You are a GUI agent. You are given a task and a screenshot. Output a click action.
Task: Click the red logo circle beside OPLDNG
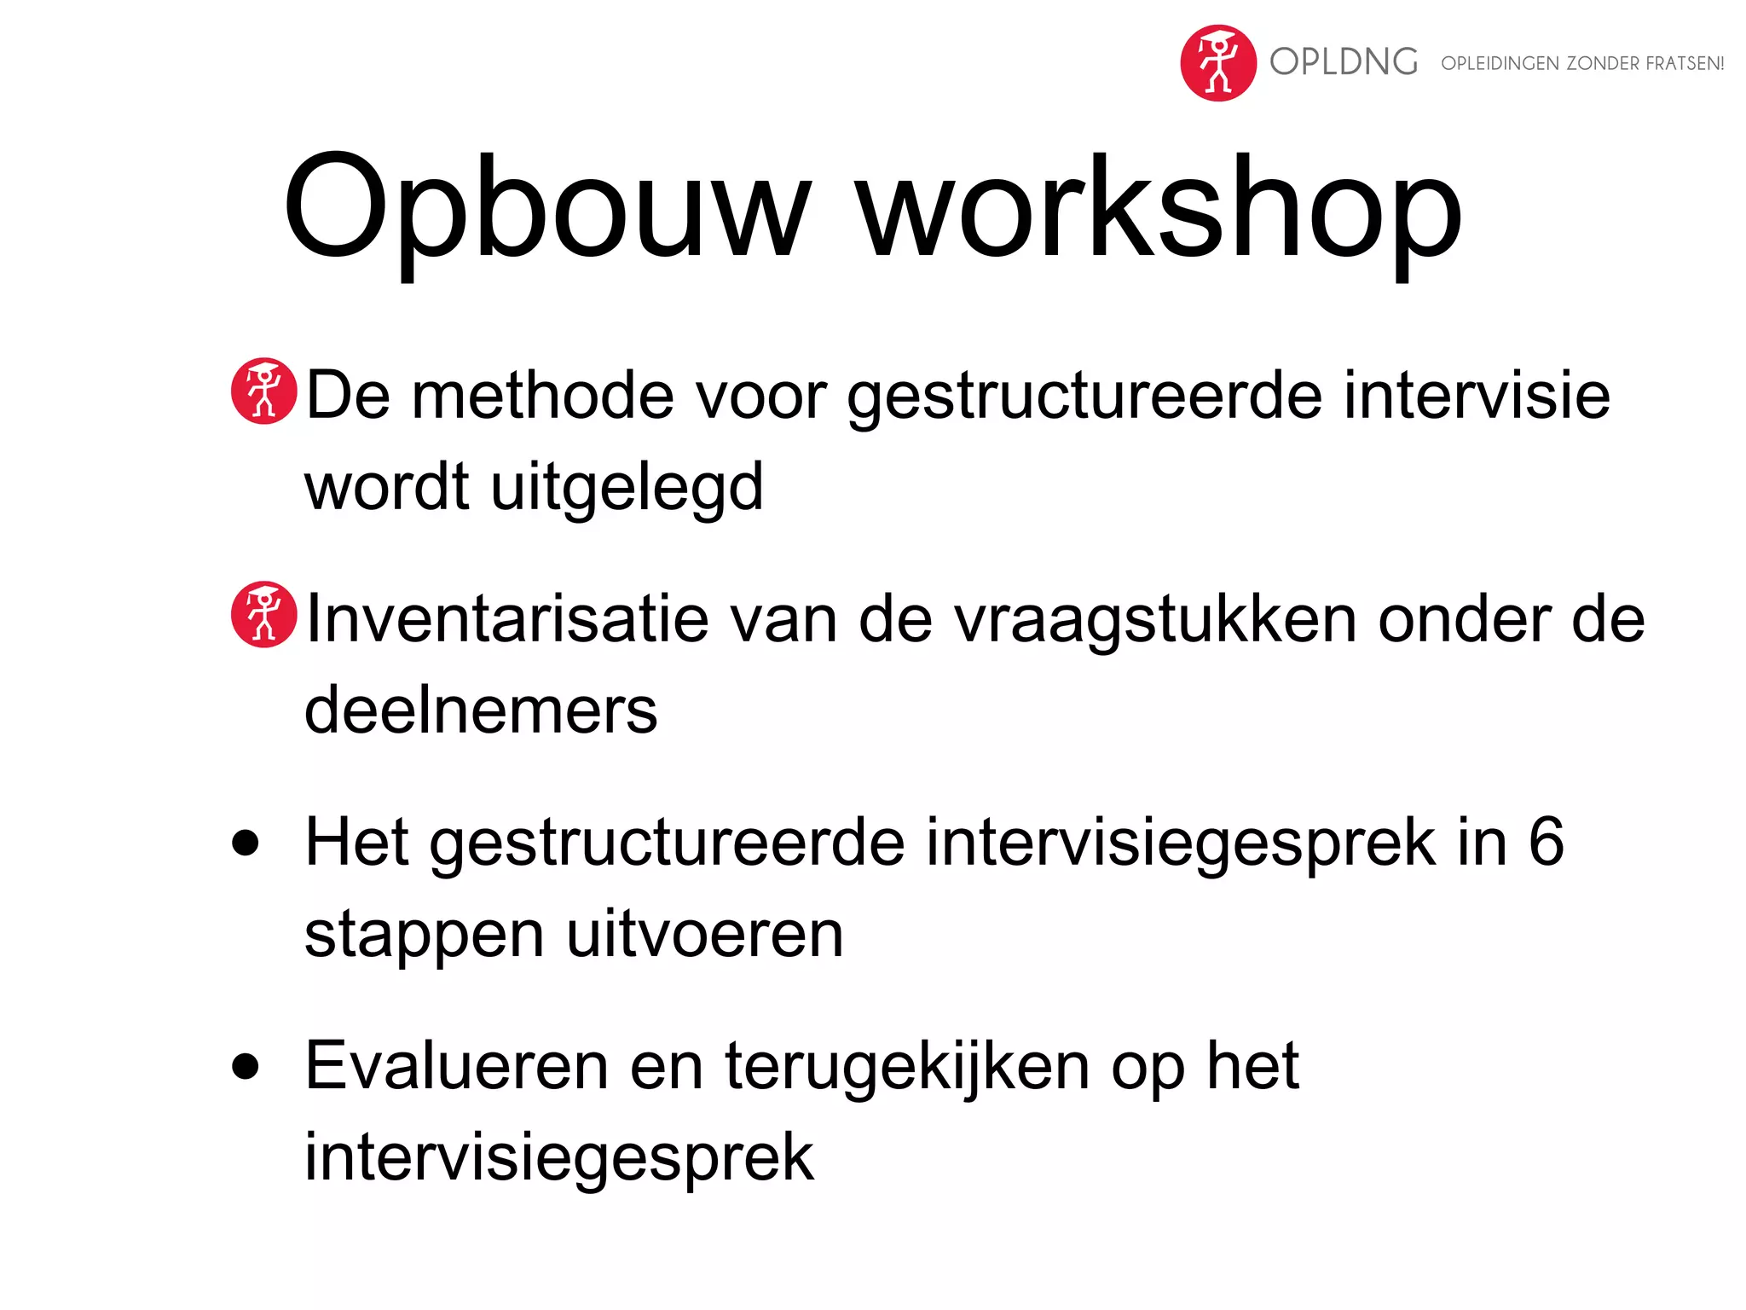click(x=1217, y=63)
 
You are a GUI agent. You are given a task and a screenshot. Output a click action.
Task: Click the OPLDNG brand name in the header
click(x=1344, y=62)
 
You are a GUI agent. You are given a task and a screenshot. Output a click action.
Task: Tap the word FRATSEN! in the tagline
click(x=1685, y=64)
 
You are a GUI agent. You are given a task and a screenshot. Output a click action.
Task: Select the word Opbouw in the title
click(x=546, y=209)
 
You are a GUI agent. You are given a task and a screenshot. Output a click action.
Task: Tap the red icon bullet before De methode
click(x=264, y=391)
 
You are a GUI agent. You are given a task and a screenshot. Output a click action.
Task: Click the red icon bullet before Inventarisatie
click(x=264, y=615)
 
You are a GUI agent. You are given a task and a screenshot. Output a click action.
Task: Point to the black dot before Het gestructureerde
click(x=246, y=843)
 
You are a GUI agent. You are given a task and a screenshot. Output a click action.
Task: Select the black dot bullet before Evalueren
click(x=246, y=1066)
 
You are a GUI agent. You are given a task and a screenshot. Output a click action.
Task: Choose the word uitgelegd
click(x=627, y=488)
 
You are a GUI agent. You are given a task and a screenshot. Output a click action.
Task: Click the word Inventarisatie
click(x=506, y=619)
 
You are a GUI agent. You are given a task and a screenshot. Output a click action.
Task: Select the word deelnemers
click(x=481, y=711)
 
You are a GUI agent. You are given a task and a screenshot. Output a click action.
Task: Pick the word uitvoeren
click(x=704, y=935)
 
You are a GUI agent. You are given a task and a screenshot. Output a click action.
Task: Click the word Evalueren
click(x=456, y=1066)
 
